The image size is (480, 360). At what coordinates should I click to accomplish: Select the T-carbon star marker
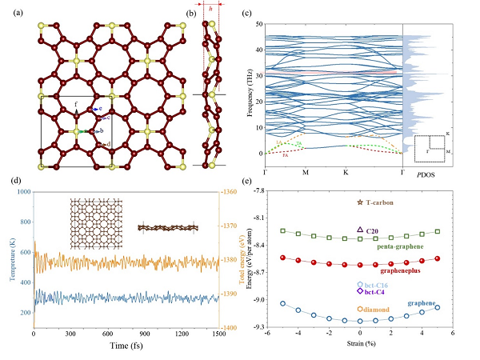pyautogui.click(x=359, y=203)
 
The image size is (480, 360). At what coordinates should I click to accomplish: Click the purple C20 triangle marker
pyautogui.click(x=360, y=230)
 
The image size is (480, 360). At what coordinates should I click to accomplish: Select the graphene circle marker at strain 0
pyautogui.click(x=360, y=320)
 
